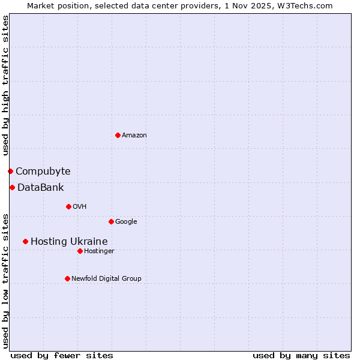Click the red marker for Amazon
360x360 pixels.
tap(118, 135)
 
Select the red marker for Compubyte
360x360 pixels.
tap(10, 171)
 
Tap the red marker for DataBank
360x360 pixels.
tap(12, 187)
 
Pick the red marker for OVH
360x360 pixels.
tap(68, 206)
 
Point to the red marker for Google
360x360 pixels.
tap(111, 221)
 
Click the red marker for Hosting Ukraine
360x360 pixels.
tap(25, 241)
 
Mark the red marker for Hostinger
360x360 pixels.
tap(80, 251)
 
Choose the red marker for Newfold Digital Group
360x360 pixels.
tap(67, 278)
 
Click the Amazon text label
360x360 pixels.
tap(134, 136)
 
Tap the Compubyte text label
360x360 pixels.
tap(43, 172)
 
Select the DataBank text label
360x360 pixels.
tap(40, 188)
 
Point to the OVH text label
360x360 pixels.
tap(80, 207)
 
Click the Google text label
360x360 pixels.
tap(126, 222)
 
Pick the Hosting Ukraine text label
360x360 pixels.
tap(69, 242)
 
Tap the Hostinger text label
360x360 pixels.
tap(99, 251)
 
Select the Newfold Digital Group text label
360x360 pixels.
tap(106, 279)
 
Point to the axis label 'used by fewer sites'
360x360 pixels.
tap(62, 355)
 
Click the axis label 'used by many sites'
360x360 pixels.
tap(301, 355)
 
